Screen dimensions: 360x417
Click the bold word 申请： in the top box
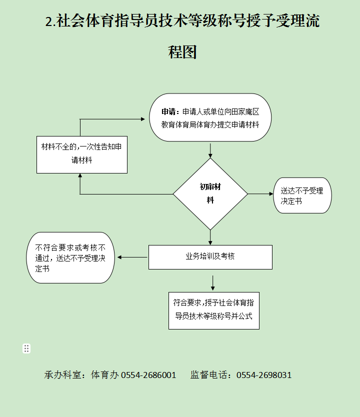170,111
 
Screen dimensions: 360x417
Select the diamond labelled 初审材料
210,194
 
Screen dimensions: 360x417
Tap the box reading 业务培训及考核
210,257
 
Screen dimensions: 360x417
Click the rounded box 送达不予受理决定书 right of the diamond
302,195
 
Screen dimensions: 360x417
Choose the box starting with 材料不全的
82,155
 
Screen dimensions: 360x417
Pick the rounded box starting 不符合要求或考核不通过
70,257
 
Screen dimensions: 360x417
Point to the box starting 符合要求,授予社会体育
214,310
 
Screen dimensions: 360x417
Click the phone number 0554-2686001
148,375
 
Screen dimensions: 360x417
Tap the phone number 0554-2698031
264,375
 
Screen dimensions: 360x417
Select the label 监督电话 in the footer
209,375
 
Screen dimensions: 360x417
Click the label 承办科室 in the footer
62,375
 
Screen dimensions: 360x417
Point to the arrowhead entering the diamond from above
210,155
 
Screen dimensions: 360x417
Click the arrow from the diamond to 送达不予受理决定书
260,194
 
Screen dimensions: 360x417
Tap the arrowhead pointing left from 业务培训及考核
119,257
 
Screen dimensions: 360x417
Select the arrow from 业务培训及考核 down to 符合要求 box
212,283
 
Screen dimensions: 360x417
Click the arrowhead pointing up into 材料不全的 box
80,175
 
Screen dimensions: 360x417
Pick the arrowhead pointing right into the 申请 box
143,119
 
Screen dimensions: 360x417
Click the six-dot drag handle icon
26,348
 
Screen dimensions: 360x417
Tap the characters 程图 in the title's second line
182,52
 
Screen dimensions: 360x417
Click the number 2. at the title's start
50,21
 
